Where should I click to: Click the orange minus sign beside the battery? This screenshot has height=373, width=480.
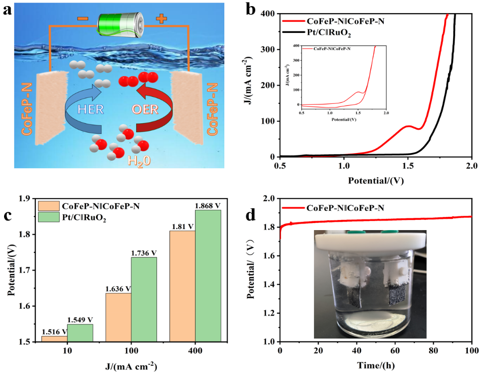(x=82, y=19)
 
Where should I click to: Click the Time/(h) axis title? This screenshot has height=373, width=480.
(x=375, y=364)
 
